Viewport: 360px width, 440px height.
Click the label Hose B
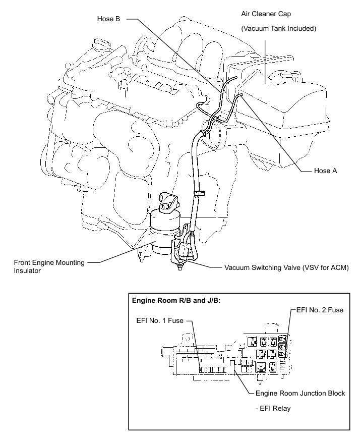point(108,19)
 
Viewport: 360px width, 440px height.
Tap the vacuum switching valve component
point(186,247)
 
